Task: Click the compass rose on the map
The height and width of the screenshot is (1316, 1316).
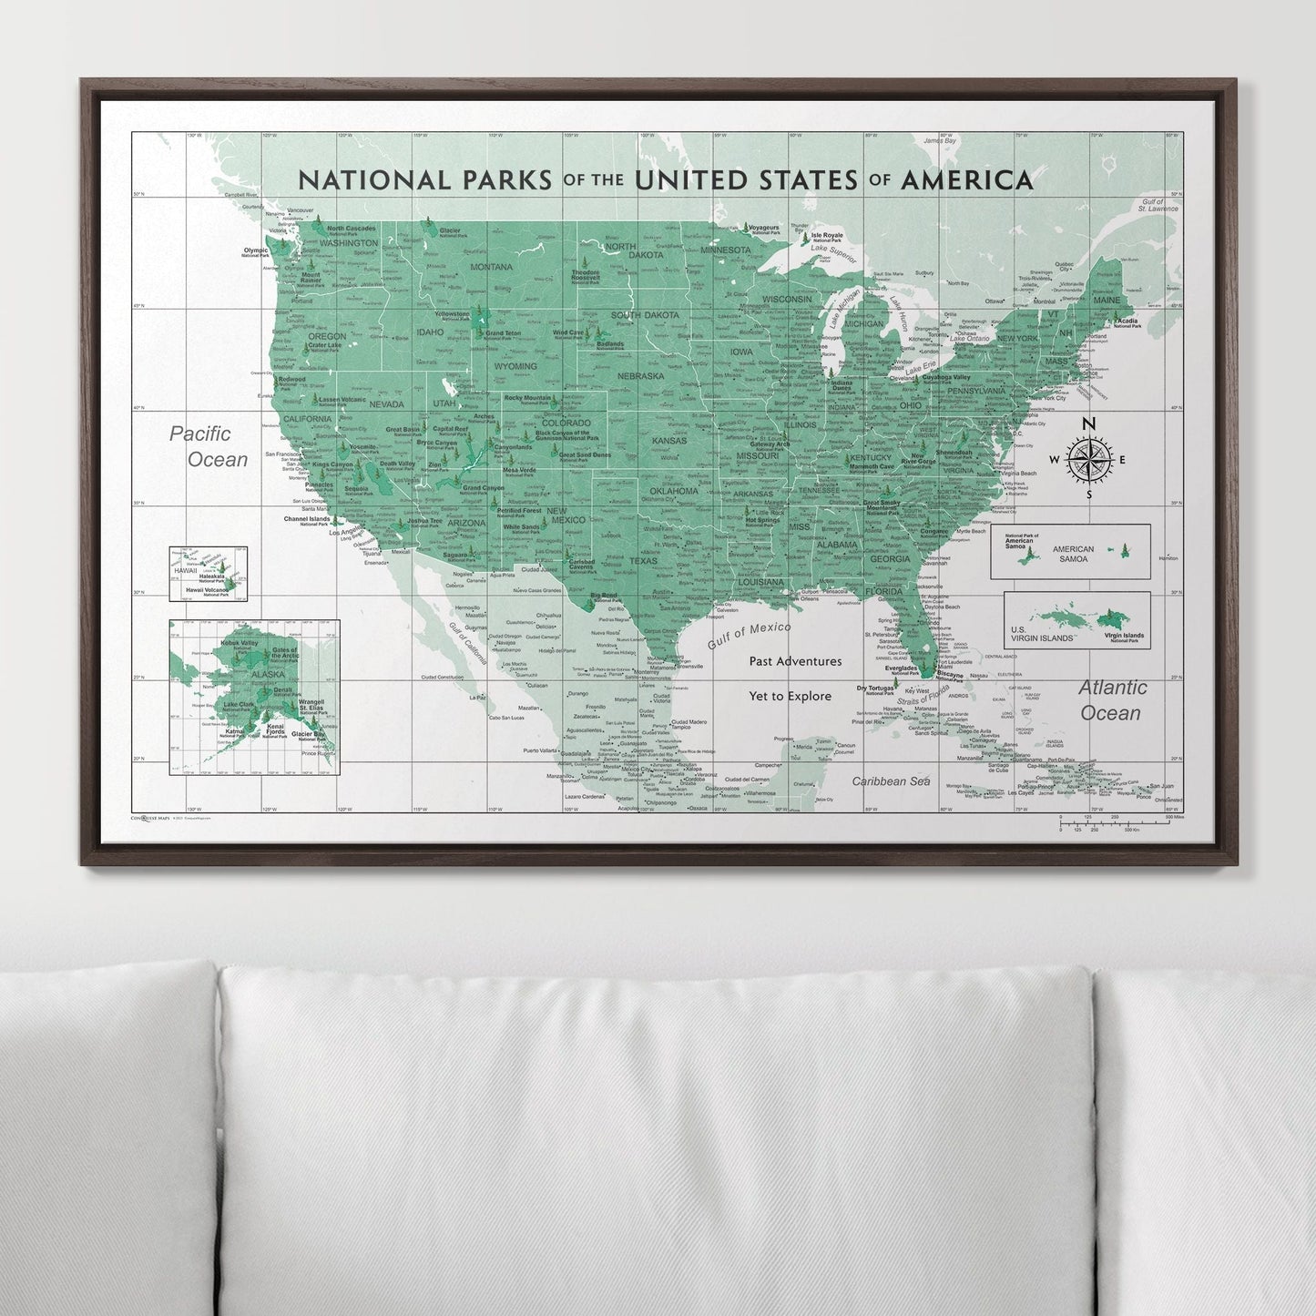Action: click(x=1087, y=459)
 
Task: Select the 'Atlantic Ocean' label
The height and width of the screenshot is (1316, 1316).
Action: click(x=1112, y=699)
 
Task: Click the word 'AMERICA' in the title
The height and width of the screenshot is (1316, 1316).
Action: click(x=964, y=179)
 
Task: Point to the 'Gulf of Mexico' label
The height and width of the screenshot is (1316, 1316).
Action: click(x=749, y=635)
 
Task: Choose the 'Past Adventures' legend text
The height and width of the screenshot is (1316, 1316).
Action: click(x=795, y=661)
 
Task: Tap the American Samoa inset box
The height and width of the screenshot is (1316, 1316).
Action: click(x=1070, y=552)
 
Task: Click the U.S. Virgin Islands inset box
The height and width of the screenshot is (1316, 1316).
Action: click(x=1076, y=620)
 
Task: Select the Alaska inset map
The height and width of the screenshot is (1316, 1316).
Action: click(x=254, y=697)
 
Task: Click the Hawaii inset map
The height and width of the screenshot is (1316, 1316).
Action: click(x=208, y=574)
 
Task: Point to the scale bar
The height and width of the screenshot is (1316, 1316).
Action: click(x=1121, y=823)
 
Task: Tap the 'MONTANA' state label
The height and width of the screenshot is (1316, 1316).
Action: click(x=491, y=267)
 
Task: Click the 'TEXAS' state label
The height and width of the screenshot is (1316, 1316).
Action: click(x=643, y=561)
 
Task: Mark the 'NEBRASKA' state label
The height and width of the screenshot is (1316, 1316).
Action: click(x=639, y=375)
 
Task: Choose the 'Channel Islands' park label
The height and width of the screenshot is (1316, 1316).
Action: click(x=306, y=519)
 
